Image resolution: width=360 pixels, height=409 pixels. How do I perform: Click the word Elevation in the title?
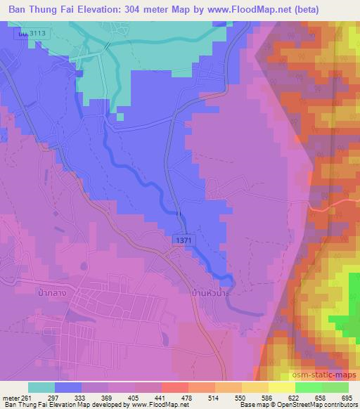click(x=110, y=9)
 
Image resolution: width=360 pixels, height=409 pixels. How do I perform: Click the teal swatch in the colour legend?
click(x=41, y=387)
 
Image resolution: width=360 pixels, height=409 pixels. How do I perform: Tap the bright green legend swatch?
click(x=308, y=387)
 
